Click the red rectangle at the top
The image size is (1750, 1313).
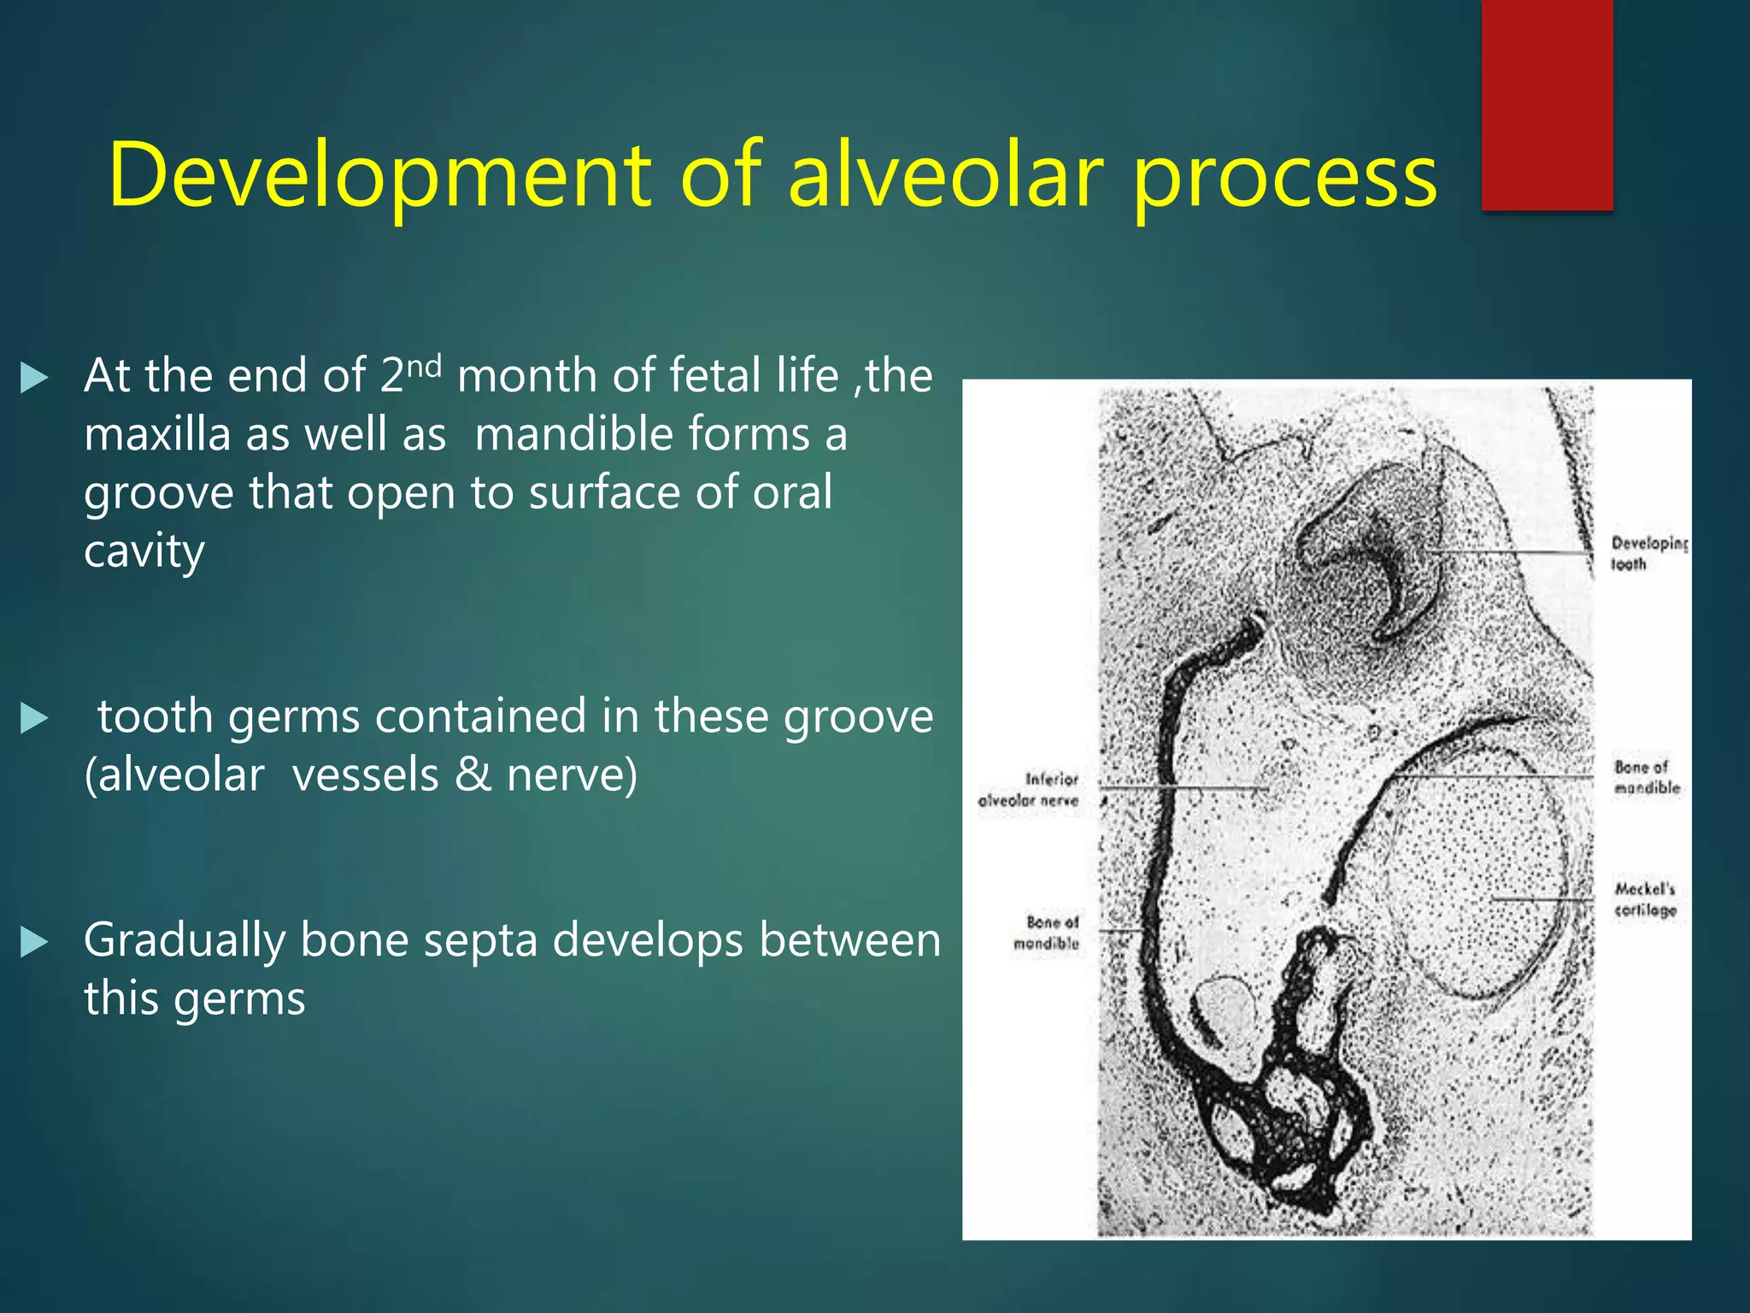1547,104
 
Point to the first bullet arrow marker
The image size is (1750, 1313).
34,377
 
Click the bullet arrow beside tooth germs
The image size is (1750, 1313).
34,718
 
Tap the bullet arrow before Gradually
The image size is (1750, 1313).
34,942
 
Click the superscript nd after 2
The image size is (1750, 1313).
424,366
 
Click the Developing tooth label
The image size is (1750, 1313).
1647,553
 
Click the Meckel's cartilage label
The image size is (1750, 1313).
1645,899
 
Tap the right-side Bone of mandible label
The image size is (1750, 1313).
1646,776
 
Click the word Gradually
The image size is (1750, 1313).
185,941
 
